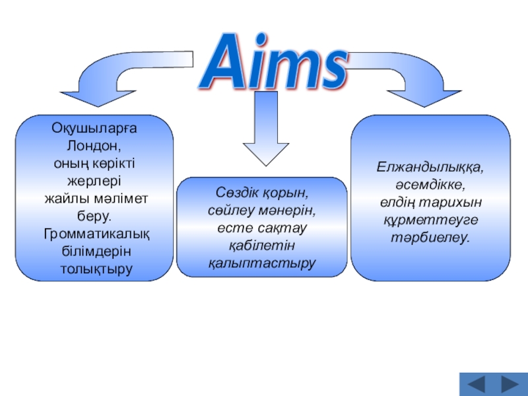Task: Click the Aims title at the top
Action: [273, 63]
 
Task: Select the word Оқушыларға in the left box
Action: [96, 127]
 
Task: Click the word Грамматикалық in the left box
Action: [96, 234]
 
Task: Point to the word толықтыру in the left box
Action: [96, 270]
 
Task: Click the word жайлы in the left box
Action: [63, 198]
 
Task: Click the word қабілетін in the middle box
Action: [262, 246]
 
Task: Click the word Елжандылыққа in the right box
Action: [430, 166]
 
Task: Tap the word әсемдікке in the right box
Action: [430, 184]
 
